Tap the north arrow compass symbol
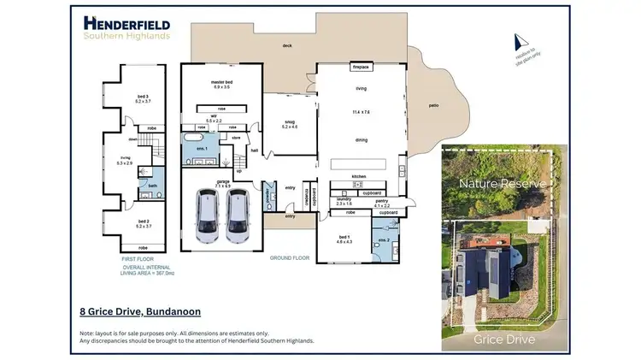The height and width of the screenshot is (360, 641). (x=516, y=42)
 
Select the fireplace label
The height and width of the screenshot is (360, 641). (x=360, y=65)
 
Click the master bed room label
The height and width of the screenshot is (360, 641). (x=221, y=82)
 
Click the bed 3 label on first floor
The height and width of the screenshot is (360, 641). (x=143, y=97)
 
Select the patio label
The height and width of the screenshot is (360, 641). (x=432, y=106)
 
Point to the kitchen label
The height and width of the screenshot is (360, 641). (x=360, y=177)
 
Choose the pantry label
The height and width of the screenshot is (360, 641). (x=382, y=202)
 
